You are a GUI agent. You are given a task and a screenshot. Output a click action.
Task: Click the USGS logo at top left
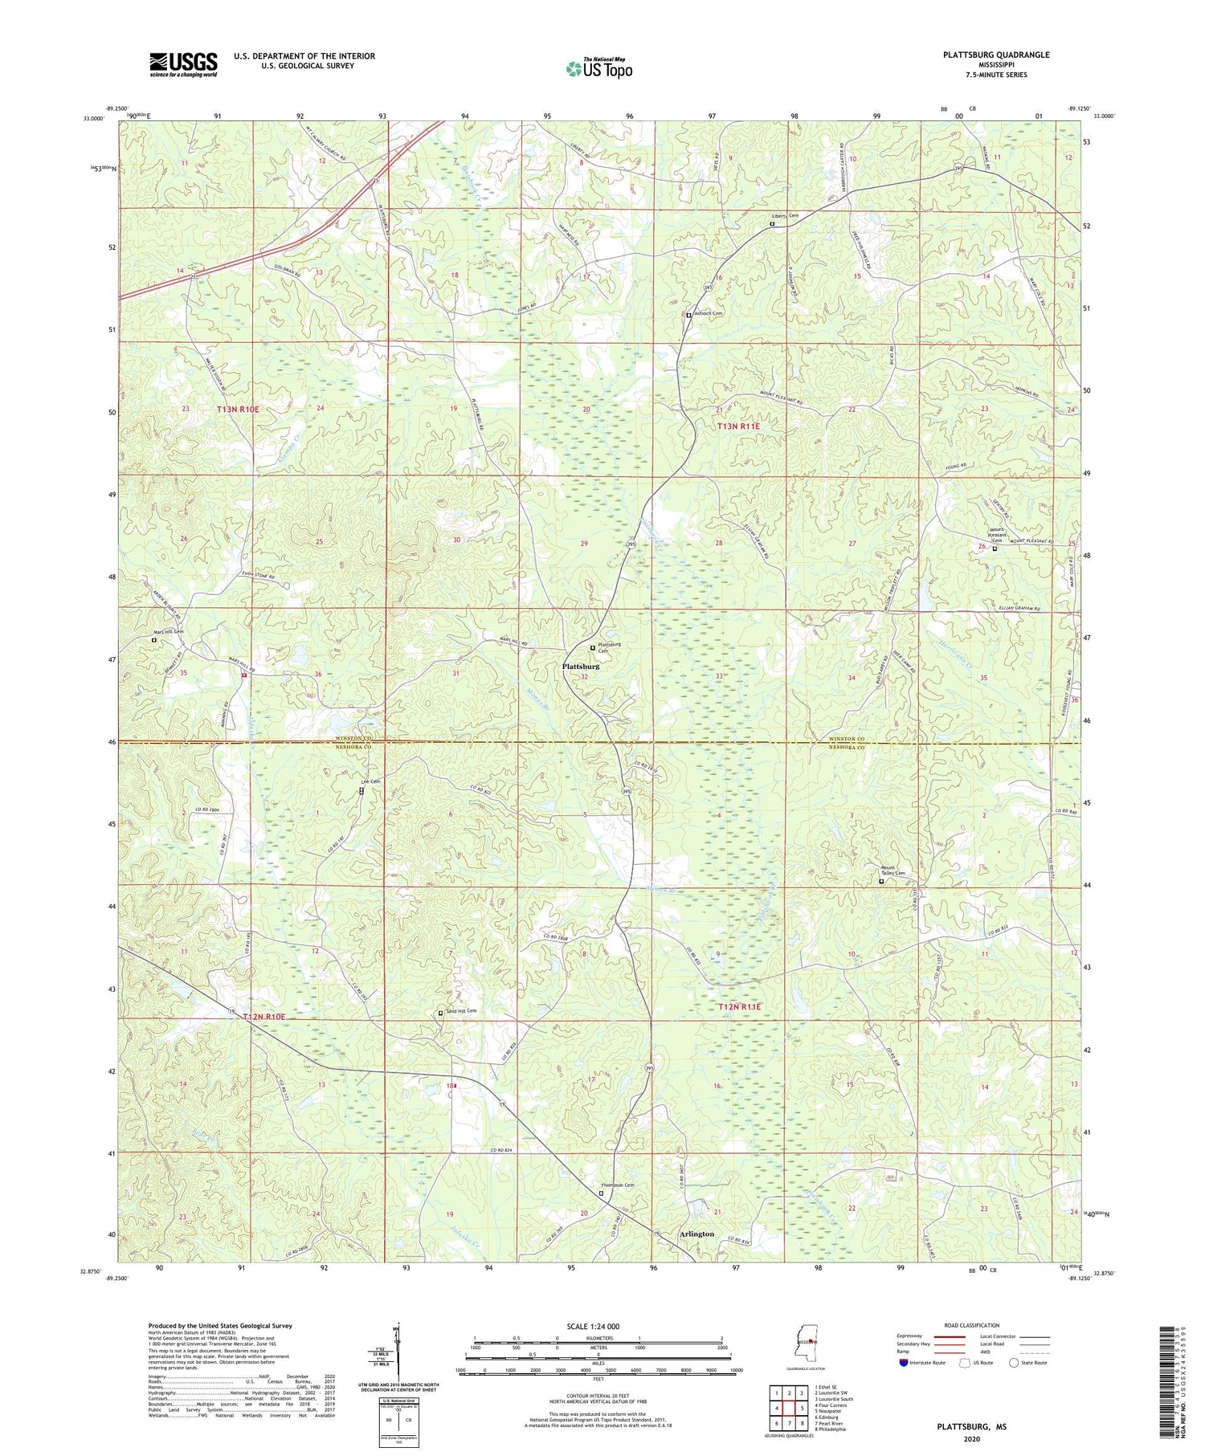click(x=183, y=64)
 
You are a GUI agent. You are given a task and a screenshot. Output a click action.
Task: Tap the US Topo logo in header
click(x=598, y=68)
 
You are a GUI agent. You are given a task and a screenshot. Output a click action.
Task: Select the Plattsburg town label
click(x=580, y=667)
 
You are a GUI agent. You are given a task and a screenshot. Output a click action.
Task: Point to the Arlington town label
click(x=696, y=1234)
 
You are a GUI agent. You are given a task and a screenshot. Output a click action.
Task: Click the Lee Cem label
click(x=370, y=781)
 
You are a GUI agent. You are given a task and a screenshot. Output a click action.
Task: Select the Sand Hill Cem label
click(x=461, y=1011)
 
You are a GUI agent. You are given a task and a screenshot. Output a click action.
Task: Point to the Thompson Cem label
click(x=618, y=1185)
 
